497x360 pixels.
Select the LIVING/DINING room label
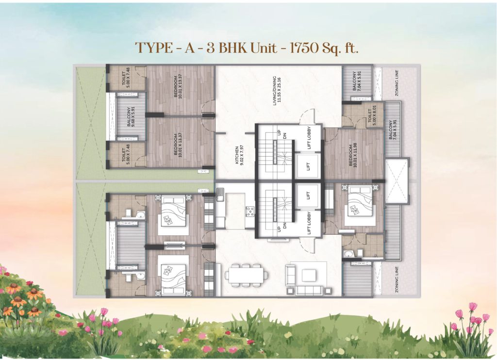click(274, 90)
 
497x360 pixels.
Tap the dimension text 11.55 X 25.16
click(280, 90)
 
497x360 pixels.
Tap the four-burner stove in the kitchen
click(251, 212)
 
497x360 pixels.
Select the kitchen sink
click(220, 196)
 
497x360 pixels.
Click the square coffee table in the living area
click(308, 275)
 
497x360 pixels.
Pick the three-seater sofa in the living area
click(309, 290)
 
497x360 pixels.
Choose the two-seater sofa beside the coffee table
click(289, 276)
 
